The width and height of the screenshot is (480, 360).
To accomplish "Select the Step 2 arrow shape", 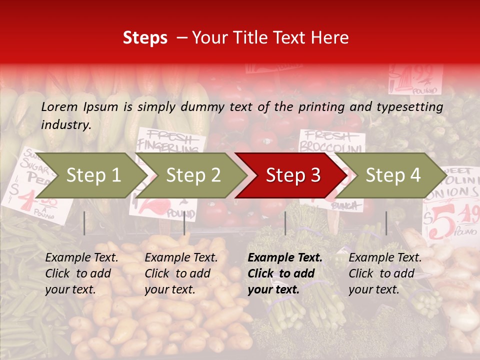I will (x=190, y=175).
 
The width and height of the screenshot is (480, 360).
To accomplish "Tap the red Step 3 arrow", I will (x=290, y=175).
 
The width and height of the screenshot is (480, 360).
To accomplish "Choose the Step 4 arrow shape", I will (x=390, y=175).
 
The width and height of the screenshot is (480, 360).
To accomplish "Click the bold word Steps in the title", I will (x=145, y=37).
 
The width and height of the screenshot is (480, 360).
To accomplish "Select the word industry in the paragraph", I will (x=65, y=124).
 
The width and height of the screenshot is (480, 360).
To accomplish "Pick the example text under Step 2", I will (x=180, y=273).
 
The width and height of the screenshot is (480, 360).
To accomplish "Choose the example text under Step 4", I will (x=384, y=273).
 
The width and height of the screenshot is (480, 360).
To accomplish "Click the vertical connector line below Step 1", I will (x=84, y=223).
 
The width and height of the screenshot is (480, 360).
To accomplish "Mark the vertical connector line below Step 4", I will (x=386, y=223).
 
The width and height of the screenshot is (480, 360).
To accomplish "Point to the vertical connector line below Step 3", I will (x=285, y=223).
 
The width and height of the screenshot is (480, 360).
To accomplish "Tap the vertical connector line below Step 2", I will (x=184, y=223).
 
